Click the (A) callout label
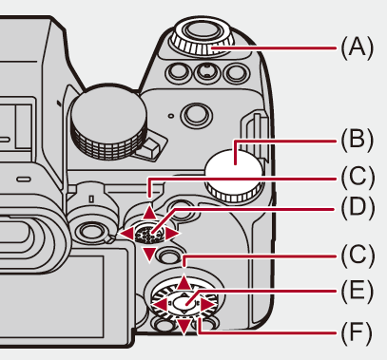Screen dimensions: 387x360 [x=358, y=47]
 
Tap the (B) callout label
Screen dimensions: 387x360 [x=358, y=140]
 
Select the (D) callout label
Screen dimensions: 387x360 [x=358, y=208]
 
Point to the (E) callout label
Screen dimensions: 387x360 [x=357, y=291]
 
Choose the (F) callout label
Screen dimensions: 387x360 [x=356, y=332]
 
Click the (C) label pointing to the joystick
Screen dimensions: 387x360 [x=358, y=177]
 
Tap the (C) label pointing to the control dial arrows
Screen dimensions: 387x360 [x=358, y=256]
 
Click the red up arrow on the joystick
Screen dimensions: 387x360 [x=149, y=214]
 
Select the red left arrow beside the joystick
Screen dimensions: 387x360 [x=126, y=235]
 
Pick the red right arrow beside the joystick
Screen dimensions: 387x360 [x=172, y=235]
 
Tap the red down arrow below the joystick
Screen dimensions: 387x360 [x=149, y=255]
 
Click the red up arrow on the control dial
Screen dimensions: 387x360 [x=184, y=283]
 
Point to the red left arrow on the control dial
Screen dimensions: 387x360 [x=160, y=305]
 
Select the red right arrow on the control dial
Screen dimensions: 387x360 [x=208, y=305]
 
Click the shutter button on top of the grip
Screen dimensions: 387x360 [x=202, y=30]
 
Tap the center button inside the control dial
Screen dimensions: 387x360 [x=184, y=302]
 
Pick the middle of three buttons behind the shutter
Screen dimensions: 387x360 [x=206, y=72]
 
